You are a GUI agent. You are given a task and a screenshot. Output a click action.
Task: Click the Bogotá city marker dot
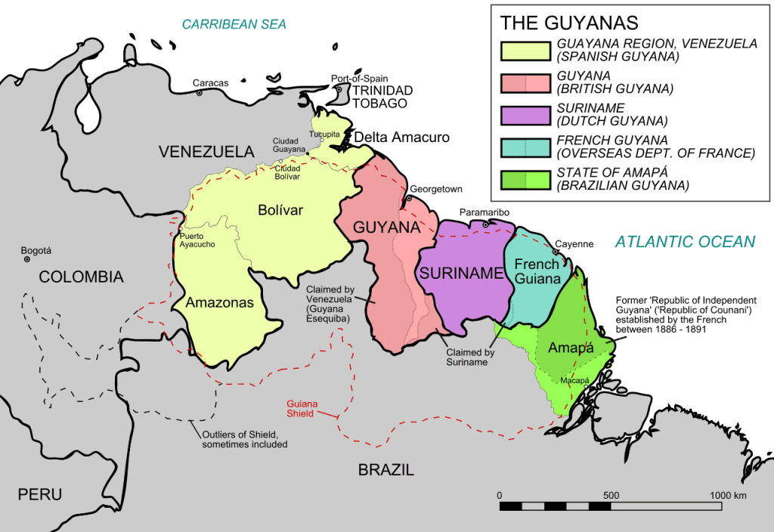point(27,259)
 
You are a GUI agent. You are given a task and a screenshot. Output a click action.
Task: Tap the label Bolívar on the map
point(280,210)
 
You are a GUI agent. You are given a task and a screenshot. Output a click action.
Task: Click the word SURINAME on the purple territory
point(461,274)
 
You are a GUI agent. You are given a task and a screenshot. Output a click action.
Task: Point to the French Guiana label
point(537,271)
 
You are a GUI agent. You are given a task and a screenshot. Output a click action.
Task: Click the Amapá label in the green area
point(570,348)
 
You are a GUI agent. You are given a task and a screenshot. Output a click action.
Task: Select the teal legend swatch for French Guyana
point(525,147)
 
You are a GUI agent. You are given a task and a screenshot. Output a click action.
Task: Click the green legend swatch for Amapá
point(525,179)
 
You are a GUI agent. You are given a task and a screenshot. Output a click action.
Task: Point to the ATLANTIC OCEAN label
point(684,242)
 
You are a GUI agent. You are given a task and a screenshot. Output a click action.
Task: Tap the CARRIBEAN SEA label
point(234,24)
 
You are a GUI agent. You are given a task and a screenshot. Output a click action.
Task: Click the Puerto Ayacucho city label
point(197,240)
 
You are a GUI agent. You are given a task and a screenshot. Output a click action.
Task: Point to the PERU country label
point(40,495)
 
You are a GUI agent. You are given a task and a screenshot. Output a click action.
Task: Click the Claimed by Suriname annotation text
point(470,357)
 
